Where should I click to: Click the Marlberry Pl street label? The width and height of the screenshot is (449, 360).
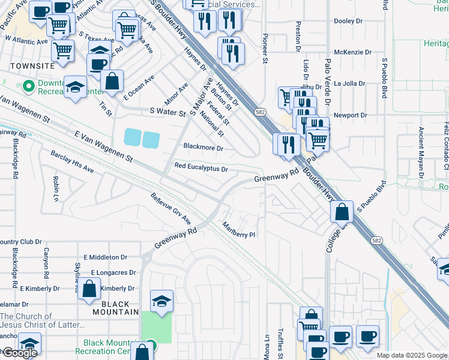(x=240, y=230)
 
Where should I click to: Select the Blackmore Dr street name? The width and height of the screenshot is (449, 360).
(x=203, y=147)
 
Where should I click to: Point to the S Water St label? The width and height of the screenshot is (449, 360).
(x=169, y=111)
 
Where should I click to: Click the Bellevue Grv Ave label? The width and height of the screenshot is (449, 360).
(x=170, y=209)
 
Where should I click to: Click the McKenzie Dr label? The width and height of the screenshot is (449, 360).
(x=349, y=52)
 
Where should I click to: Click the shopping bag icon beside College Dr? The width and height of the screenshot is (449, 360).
(x=341, y=212)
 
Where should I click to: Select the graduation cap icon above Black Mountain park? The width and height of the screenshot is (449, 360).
(x=161, y=301)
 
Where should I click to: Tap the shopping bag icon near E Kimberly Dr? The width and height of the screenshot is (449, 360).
(x=89, y=289)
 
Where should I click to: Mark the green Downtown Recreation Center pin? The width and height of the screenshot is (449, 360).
(x=28, y=87)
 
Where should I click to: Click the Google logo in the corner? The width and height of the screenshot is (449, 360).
(x=19, y=353)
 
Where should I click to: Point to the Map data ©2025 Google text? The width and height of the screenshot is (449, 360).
(x=411, y=355)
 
